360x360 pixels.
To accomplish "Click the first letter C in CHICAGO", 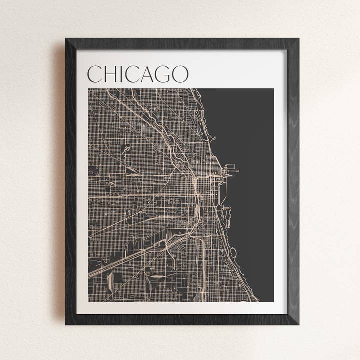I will click(x=95, y=74).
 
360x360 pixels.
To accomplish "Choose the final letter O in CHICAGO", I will click(x=180, y=74).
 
